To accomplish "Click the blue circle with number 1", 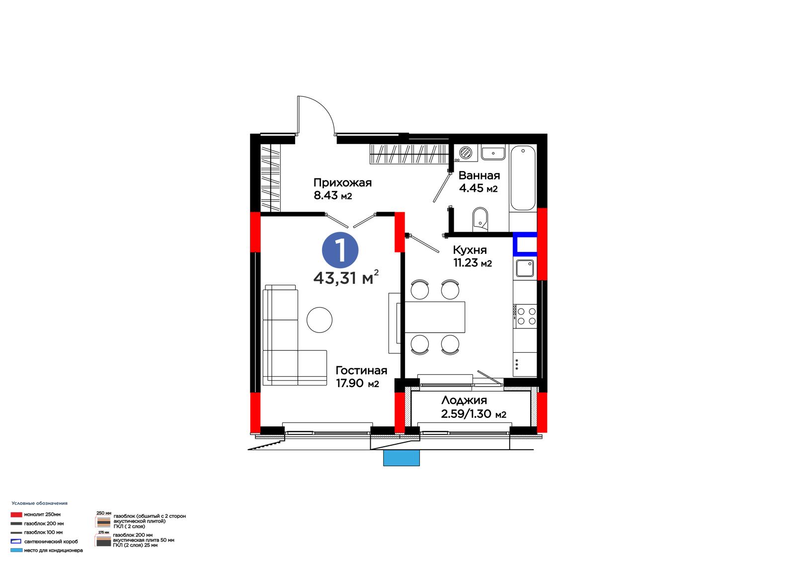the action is point(340,250).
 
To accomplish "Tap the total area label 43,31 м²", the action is point(346,278).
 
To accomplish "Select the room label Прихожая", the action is point(342,182).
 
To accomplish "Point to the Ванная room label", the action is point(479,175).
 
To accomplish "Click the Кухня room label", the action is point(470,250).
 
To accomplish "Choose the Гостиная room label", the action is point(361,370).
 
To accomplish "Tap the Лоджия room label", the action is point(464,401).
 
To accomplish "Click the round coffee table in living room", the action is point(319,320).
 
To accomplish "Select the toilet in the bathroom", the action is point(480,219).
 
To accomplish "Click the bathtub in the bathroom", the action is point(523,178).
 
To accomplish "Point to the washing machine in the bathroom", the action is point(465,153).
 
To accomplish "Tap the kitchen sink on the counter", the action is point(525,268).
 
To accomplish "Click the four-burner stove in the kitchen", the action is point(525,316).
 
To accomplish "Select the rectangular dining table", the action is point(435,317).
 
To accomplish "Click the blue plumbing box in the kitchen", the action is point(525,244).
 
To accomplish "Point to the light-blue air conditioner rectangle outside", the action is point(401,458).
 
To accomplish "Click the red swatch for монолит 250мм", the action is point(16,514).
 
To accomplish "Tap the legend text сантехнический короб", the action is point(51,542).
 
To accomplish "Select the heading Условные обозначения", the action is point(39,503).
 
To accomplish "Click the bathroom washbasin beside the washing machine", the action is point(493,153).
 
